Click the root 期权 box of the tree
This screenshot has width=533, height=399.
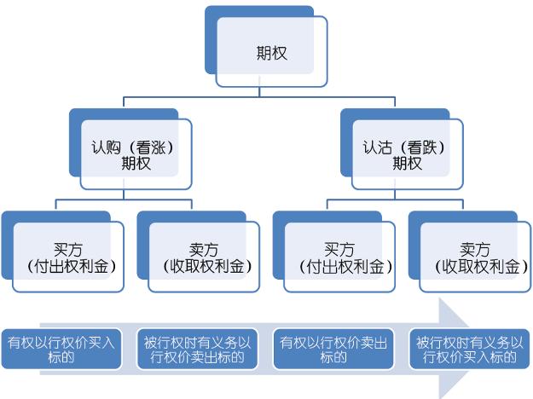tap(266, 46)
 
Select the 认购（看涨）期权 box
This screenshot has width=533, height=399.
tap(130, 149)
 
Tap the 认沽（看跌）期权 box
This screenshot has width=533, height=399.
tap(402, 149)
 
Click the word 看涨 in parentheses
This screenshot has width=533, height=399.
tap(151, 147)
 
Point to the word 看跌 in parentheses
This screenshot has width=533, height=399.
tap(422, 147)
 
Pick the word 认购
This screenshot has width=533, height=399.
tap(106, 147)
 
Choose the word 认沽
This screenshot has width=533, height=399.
tap(377, 147)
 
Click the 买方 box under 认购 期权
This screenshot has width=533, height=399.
tap(62, 252)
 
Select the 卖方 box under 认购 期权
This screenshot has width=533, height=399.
tap(198, 252)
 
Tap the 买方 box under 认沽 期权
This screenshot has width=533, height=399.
tap(333, 252)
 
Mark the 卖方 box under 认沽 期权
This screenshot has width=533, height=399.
tap(469, 252)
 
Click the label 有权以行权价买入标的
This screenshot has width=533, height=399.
tap(61, 350)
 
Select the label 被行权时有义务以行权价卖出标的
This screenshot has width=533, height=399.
tap(197, 350)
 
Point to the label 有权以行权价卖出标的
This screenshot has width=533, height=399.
tap(333, 350)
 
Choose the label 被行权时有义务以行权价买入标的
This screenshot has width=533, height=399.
tap(469, 350)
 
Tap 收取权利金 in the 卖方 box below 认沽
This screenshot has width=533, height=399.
tap(481, 267)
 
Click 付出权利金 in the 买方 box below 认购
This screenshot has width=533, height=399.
tap(72, 267)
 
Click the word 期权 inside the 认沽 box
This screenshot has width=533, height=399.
tap(408, 163)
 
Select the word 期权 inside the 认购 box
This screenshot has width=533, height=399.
tap(136, 163)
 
